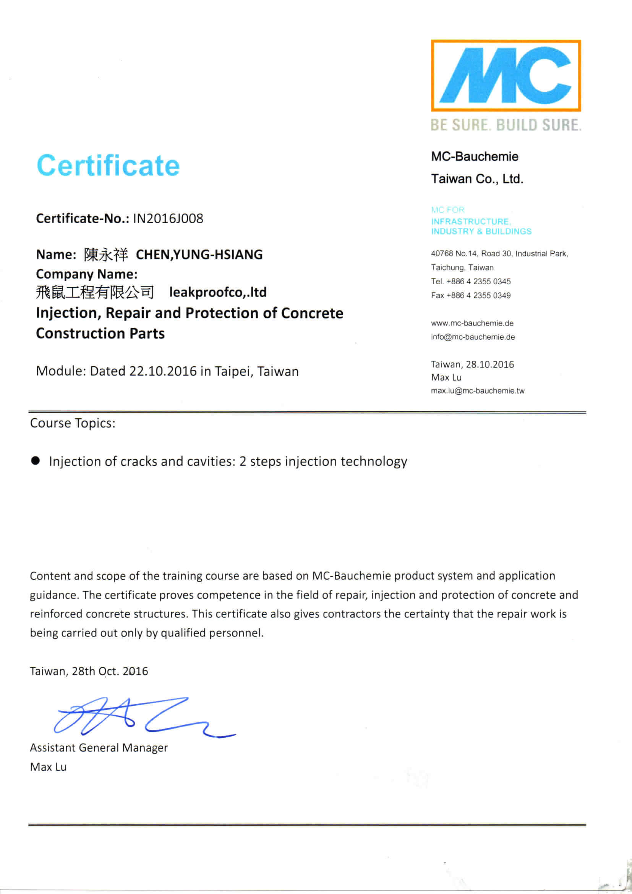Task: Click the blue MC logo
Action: (x=506, y=75)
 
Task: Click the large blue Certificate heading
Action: (x=108, y=165)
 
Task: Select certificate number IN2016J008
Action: (x=168, y=219)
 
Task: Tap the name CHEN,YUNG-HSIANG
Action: (x=199, y=255)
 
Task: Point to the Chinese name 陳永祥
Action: (x=105, y=255)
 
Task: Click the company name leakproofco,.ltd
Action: (x=218, y=292)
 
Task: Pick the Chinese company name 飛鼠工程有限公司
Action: (x=95, y=292)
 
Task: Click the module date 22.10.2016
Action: (x=163, y=371)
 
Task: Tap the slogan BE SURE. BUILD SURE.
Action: (x=506, y=125)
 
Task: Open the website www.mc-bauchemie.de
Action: (x=472, y=323)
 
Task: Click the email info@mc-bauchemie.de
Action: (x=473, y=337)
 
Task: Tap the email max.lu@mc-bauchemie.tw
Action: (x=477, y=391)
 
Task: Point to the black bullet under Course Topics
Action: (x=36, y=461)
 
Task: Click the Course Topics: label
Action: (x=73, y=423)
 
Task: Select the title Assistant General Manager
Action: (x=99, y=748)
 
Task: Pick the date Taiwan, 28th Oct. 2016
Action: (x=89, y=671)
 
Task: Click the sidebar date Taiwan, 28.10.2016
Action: (x=472, y=364)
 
